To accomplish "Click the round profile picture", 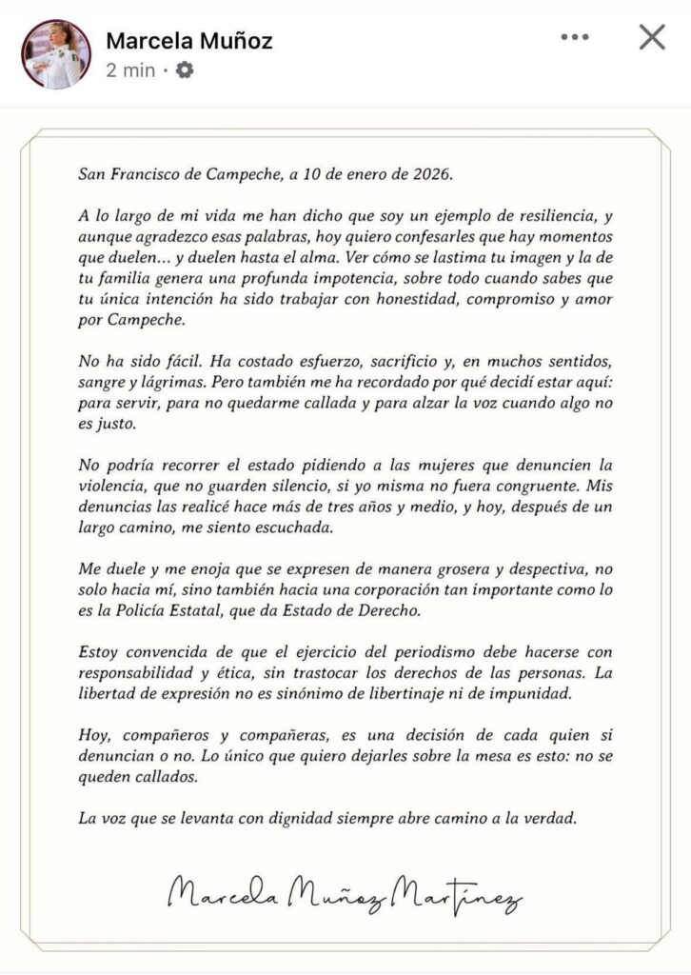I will (x=55, y=54).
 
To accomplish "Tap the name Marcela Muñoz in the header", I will (x=189, y=41).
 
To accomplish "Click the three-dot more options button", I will (x=575, y=37).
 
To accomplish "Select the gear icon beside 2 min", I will (x=185, y=70).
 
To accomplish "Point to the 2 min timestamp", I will (x=130, y=70).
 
